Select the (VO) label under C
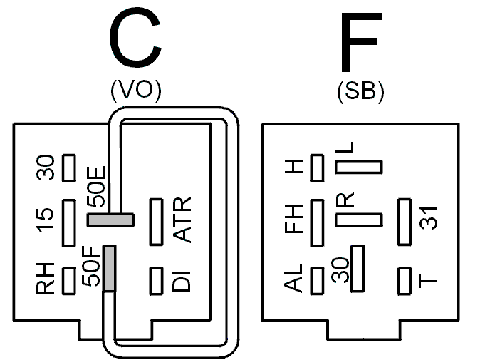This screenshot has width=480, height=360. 136,91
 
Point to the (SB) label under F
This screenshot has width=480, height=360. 360,92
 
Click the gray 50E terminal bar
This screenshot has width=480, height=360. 111,220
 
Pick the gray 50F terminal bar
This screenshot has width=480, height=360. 110,268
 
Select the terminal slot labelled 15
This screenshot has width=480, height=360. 69,222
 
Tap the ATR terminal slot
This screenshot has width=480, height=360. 156,222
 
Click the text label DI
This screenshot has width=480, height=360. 182,281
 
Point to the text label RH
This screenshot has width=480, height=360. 46,279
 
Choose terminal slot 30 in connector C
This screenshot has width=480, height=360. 69,168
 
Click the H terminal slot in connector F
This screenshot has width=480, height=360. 317,168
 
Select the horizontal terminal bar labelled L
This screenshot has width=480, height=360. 359,167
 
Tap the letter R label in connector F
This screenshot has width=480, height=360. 345,200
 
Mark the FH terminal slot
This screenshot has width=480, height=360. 317,222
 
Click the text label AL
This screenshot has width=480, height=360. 293,277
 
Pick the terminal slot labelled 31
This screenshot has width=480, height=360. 405,222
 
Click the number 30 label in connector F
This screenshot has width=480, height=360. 340,270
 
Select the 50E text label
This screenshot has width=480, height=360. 96,187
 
